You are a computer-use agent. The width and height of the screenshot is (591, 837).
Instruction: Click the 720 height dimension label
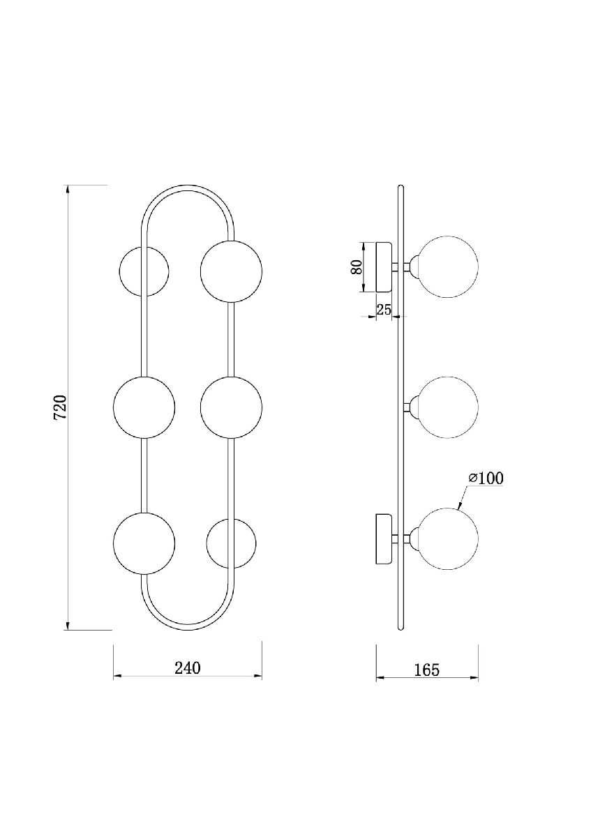[60, 407]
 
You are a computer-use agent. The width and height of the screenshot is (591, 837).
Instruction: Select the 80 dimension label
[357, 266]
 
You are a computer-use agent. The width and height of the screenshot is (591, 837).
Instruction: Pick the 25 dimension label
[383, 310]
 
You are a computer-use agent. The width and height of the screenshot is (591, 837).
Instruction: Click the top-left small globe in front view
[144, 271]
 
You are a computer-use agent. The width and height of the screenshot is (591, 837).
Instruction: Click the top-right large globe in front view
[231, 271]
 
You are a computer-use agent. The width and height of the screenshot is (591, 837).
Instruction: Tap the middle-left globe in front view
[144, 407]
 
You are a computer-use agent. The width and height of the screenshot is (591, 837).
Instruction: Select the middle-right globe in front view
[231, 407]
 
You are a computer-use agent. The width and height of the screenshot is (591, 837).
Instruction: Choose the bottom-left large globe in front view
[144, 543]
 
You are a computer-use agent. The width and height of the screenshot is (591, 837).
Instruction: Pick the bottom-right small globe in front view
[231, 543]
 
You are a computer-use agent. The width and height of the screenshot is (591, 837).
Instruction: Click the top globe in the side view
[447, 266]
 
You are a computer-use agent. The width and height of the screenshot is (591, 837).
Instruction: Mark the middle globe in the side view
[447, 407]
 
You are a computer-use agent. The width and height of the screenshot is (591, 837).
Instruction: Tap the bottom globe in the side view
[447, 538]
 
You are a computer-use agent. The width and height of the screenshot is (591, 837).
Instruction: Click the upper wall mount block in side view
[384, 266]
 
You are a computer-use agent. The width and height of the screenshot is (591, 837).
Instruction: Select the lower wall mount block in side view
[384, 538]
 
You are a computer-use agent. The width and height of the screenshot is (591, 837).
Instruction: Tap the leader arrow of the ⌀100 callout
[463, 497]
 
